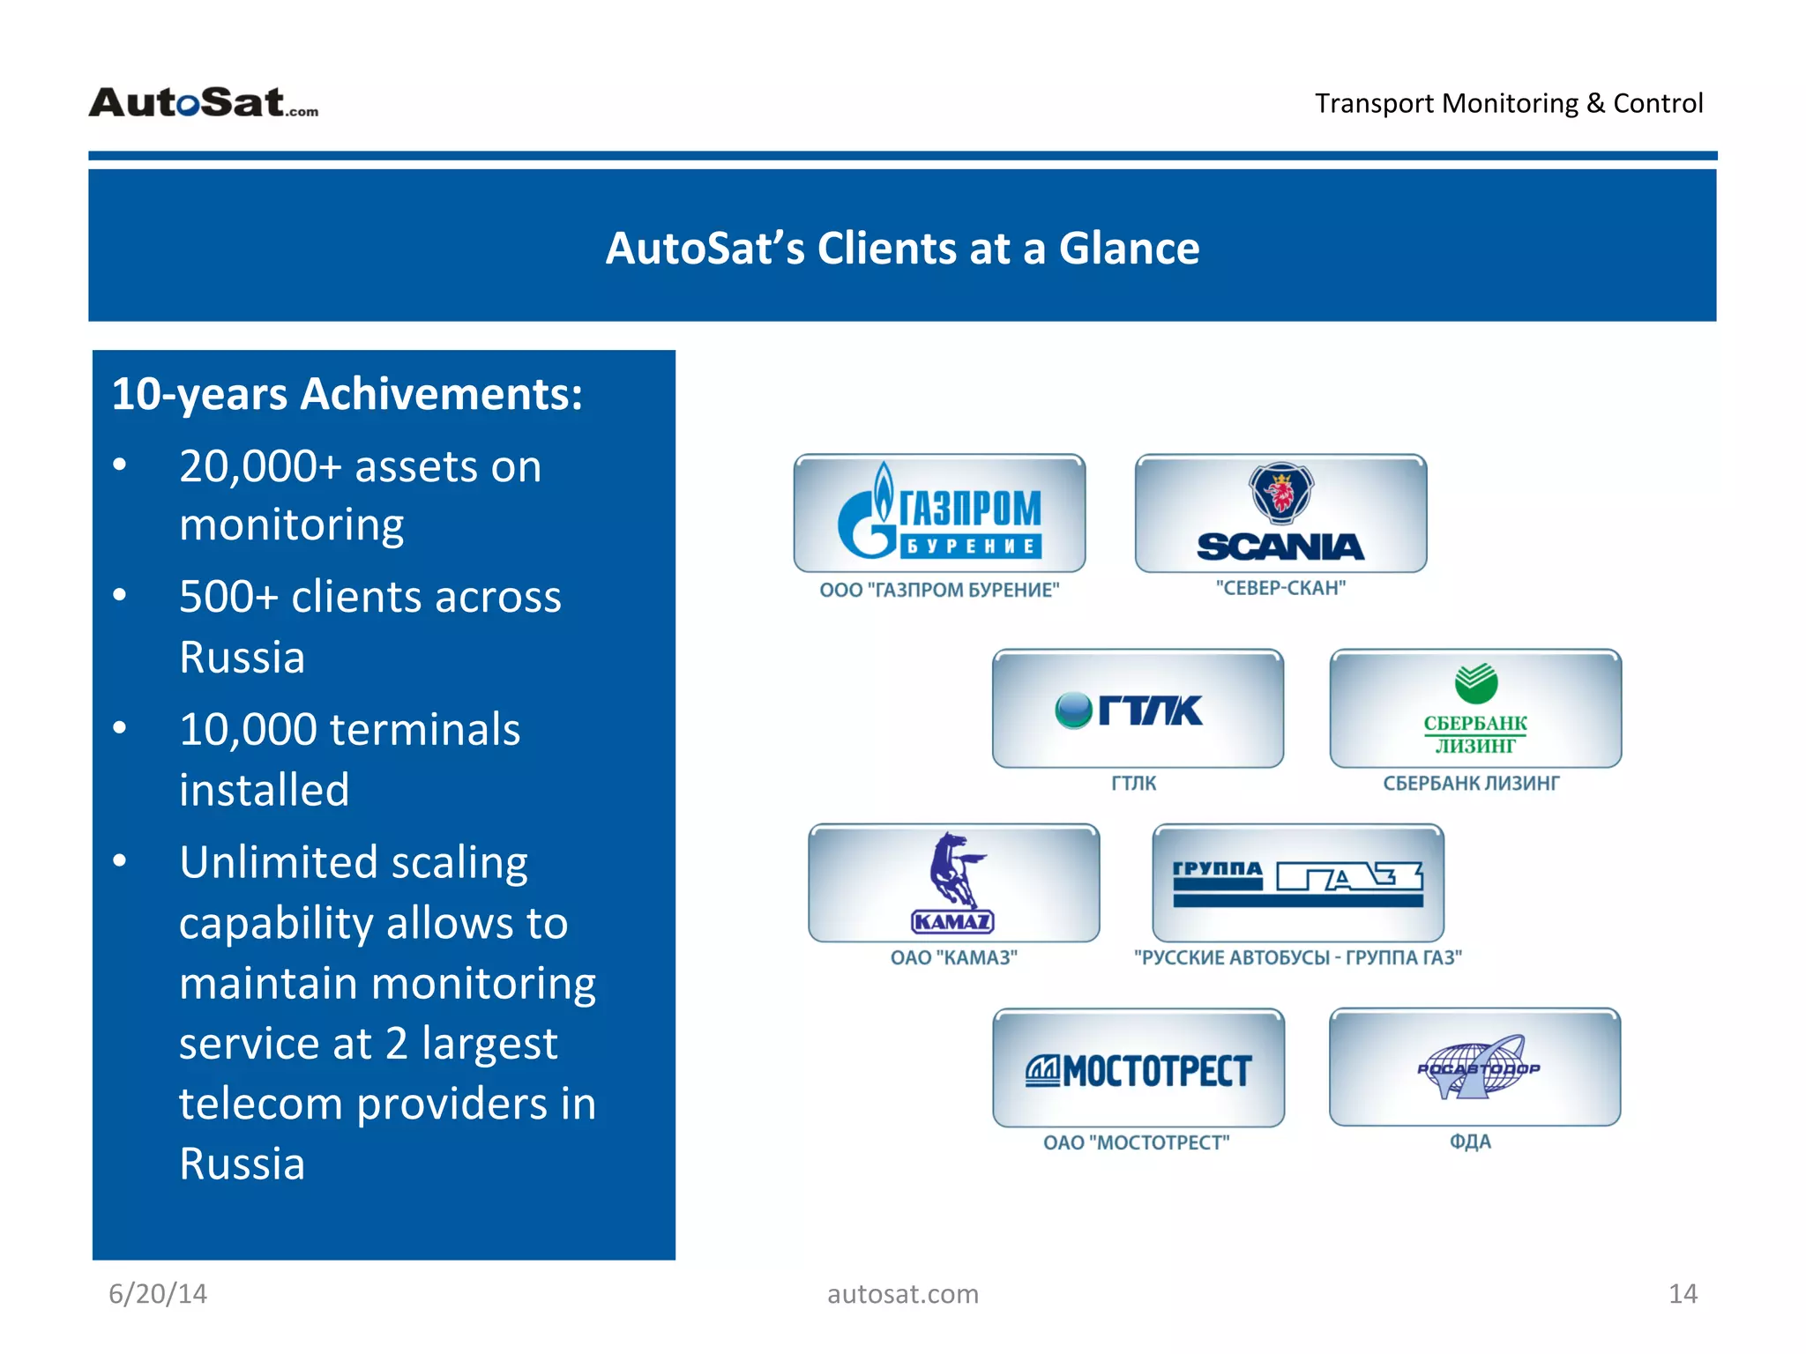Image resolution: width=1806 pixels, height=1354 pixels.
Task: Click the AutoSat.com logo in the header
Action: pos(204,102)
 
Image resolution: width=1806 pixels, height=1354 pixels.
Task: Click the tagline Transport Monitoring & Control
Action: pos(1508,103)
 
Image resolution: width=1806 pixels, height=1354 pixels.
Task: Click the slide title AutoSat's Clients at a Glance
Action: pos(901,248)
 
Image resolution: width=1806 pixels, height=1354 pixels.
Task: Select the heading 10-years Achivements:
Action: pos(347,393)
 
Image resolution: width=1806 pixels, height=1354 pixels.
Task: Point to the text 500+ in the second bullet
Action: pos(228,597)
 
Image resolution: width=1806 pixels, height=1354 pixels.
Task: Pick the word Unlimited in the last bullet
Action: pos(278,861)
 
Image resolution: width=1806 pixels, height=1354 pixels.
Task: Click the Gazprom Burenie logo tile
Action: pos(939,513)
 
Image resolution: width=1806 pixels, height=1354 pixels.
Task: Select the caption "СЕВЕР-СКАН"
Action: pos(1280,588)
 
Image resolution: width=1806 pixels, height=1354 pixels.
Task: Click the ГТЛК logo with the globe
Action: pos(1130,710)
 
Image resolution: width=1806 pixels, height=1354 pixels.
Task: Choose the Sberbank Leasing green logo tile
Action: pos(1475,709)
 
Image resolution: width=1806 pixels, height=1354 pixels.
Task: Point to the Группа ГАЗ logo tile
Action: pos(1297,882)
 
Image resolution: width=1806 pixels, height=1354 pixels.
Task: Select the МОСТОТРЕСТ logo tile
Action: pos(1138,1069)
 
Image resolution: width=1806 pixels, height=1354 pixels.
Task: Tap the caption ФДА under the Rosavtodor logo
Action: pos(1471,1142)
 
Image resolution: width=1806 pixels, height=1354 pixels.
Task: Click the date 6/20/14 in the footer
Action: pos(158,1293)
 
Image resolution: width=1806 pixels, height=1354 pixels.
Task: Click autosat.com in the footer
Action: pos(902,1293)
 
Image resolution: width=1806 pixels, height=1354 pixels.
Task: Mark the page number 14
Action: pos(1682,1293)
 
